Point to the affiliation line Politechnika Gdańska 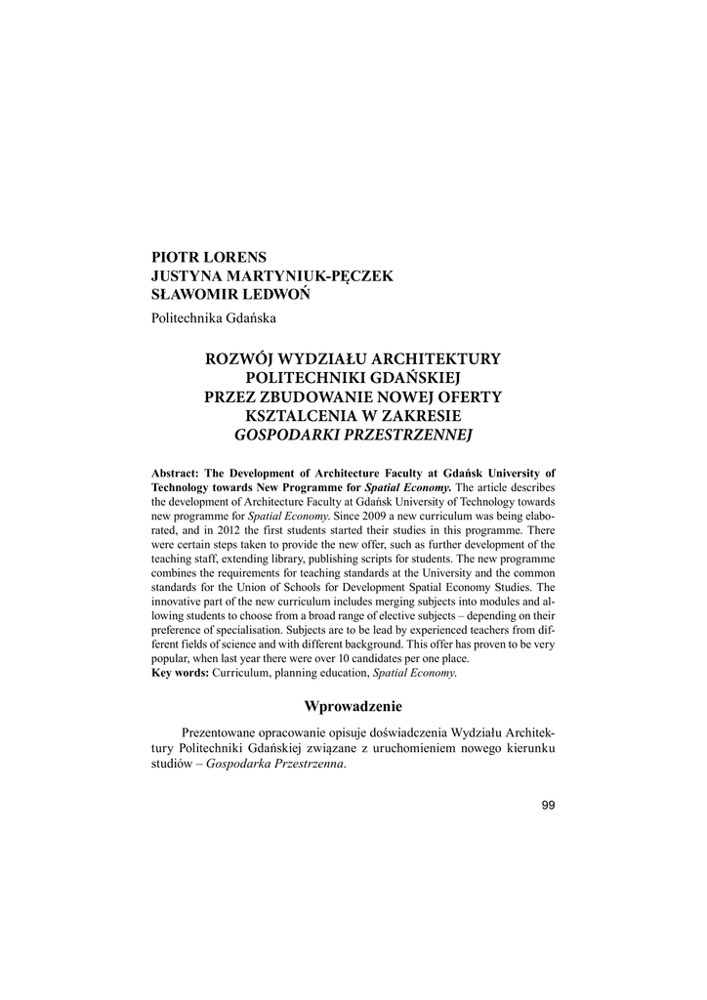point(213,318)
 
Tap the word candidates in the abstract point(382,659)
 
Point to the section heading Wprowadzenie point(353,705)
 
